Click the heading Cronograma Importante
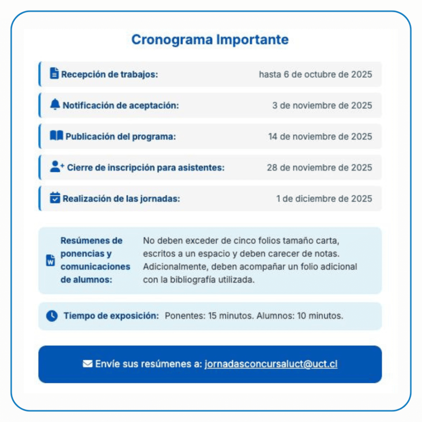coord(210,40)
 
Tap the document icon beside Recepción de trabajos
coord(54,73)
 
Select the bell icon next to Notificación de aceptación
coord(55,105)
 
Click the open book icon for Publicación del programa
coord(56,136)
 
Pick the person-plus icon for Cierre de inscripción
coord(57,166)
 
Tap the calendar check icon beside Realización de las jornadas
coord(55,198)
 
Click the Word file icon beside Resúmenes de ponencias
coord(50,260)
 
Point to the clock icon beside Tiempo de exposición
coord(52,316)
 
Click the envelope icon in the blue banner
coord(87,364)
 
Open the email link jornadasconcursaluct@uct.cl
coord(271,364)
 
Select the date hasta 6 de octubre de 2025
coord(315,75)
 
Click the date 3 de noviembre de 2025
coord(322,105)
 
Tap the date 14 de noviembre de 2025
coord(320,136)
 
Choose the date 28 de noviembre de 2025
coord(319,167)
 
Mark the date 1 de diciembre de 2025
coord(324,199)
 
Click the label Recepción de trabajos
coord(110,75)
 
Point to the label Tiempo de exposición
coord(111,316)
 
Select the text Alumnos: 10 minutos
coord(300,316)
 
